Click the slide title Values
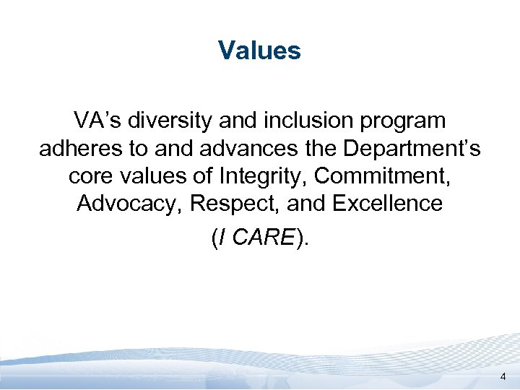259,51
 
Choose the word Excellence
387,204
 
